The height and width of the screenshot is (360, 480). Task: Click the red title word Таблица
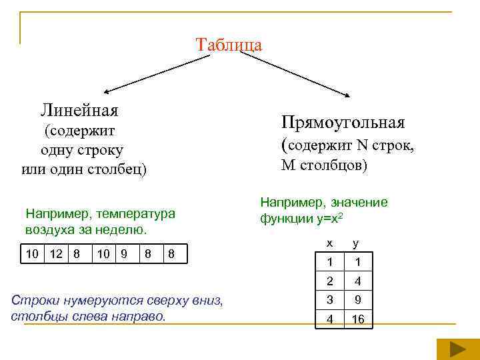(229, 45)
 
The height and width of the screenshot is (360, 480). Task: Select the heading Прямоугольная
(343, 123)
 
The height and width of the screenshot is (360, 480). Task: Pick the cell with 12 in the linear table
(57, 254)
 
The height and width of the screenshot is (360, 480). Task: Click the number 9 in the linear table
(123, 254)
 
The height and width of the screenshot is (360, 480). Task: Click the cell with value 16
(358, 319)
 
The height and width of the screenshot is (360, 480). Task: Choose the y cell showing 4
(358, 281)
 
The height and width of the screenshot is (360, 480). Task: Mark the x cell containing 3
(329, 300)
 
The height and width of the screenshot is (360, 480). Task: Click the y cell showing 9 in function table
(358, 300)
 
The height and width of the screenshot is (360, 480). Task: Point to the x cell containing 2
(329, 281)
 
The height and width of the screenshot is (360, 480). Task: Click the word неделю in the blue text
(123, 230)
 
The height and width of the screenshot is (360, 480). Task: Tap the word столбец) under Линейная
(114, 169)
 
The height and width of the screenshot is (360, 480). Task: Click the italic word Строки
(34, 300)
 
